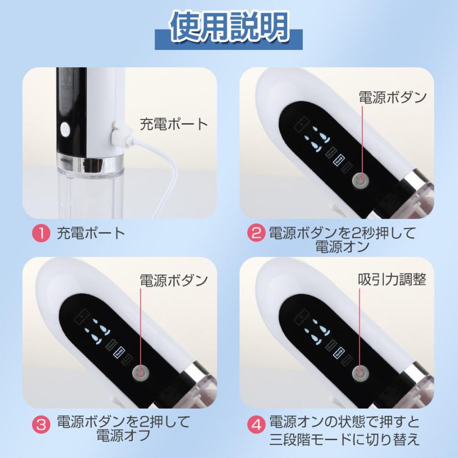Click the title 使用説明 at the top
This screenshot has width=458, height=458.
229,29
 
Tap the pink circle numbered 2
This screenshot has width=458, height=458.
255,234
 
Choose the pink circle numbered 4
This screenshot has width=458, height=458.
255,423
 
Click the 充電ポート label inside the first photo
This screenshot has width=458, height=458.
174,124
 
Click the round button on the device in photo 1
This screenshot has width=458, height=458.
65,130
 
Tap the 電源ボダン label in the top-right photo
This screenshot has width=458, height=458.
392,97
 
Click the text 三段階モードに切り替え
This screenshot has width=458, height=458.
344,439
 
